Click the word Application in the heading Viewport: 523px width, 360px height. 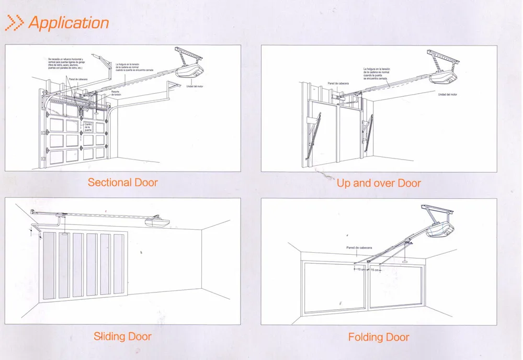pos(69,22)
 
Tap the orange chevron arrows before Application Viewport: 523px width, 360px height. pos(15,22)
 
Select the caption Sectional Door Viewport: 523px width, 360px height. pos(122,182)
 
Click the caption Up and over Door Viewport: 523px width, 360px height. pos(379,183)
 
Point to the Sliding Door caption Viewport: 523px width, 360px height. pos(122,336)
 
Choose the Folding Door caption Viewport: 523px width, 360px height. pos(379,336)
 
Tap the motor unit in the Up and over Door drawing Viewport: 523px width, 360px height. pos(445,76)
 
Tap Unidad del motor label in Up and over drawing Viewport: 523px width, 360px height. pos(447,94)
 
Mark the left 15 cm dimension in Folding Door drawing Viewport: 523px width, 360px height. pos(360,269)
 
